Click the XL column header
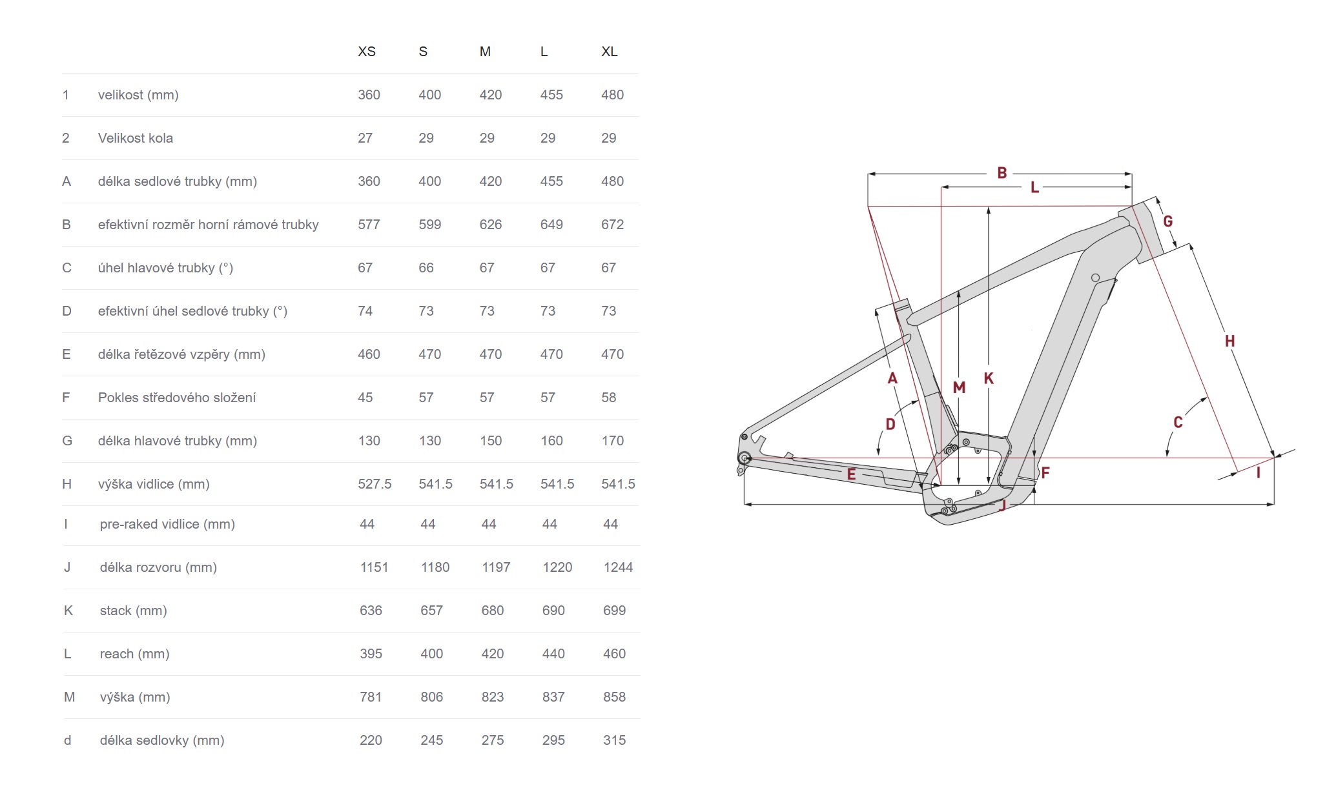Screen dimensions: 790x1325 pyautogui.click(x=609, y=52)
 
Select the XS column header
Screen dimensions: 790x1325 pyautogui.click(x=366, y=52)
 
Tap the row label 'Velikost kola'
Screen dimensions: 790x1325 pyautogui.click(x=135, y=138)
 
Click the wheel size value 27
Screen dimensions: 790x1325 pyautogui.click(x=365, y=138)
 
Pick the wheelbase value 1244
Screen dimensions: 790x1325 pyautogui.click(x=618, y=567)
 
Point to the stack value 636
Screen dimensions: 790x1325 pyautogui.click(x=371, y=611)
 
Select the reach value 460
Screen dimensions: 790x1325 pyautogui.click(x=614, y=654)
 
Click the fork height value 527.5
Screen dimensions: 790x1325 pyautogui.click(x=375, y=484)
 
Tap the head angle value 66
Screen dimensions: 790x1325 pyautogui.click(x=426, y=268)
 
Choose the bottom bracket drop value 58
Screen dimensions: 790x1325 pyautogui.click(x=608, y=398)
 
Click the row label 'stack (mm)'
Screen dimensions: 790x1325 pyautogui.click(x=133, y=611)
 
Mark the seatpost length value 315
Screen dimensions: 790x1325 pyautogui.click(x=614, y=740)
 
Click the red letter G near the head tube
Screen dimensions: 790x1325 pyautogui.click(x=1167, y=221)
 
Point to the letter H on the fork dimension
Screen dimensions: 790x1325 pyautogui.click(x=1229, y=341)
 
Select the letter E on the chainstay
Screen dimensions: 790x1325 pyautogui.click(x=851, y=474)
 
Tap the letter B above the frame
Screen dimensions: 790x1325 pyautogui.click(x=1001, y=173)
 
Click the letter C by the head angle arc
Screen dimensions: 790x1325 pyautogui.click(x=1178, y=422)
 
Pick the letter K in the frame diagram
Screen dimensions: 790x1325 pyautogui.click(x=989, y=378)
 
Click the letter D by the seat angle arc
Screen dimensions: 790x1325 pyautogui.click(x=890, y=424)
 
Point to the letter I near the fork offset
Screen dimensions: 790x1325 pyautogui.click(x=1258, y=473)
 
